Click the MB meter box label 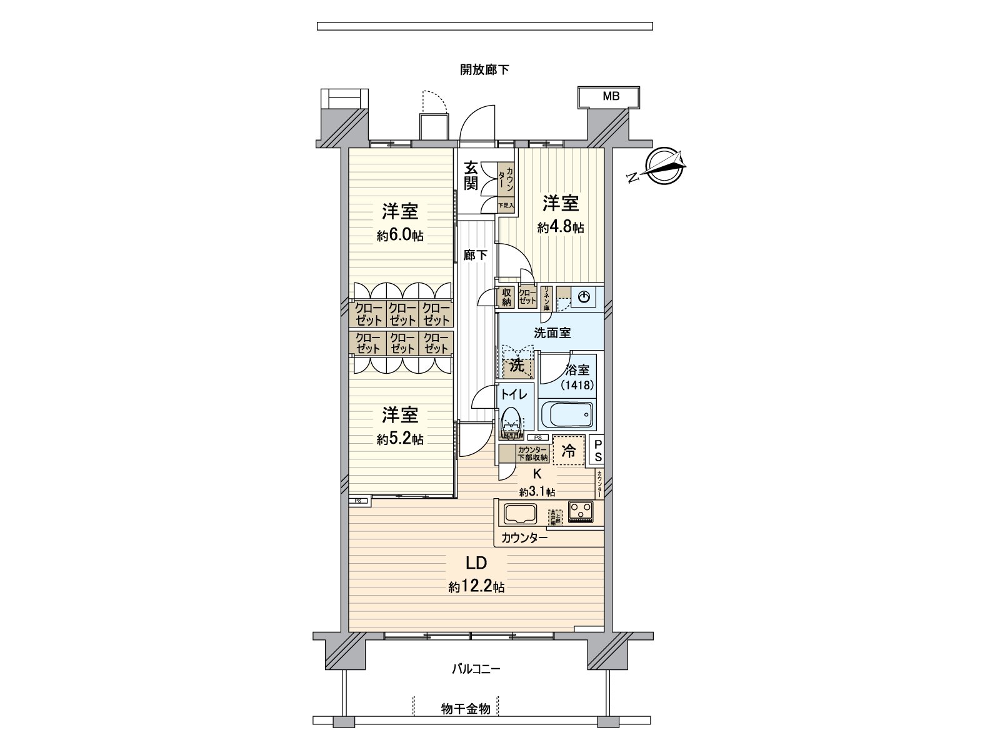point(611,97)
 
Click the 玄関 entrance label point(471,176)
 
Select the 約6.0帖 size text point(400,236)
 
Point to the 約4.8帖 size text point(561,227)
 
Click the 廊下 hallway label point(475,255)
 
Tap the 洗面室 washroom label point(552,333)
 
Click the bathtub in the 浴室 point(566,413)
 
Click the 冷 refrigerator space point(569,451)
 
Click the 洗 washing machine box point(517,366)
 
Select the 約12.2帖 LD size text point(476,587)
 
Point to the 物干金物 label point(465,709)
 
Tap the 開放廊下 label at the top point(484,70)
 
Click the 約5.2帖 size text point(400,439)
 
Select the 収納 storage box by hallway point(506,297)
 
